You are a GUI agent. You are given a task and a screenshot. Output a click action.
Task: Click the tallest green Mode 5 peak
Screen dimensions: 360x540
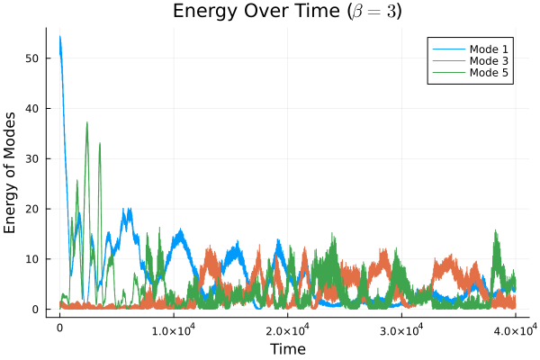[87, 123]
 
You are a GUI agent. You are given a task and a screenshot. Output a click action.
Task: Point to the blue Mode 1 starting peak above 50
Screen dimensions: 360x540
[60, 38]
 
